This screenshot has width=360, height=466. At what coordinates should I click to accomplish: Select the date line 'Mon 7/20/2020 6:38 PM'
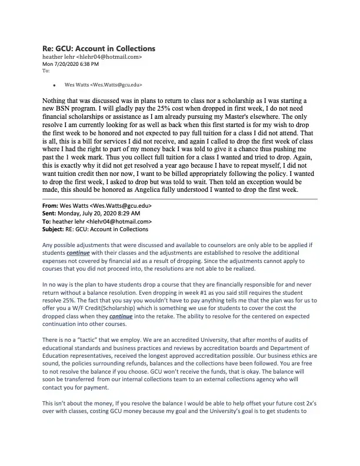pyautogui.click(x=70, y=64)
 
